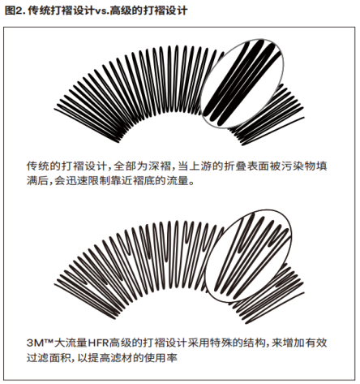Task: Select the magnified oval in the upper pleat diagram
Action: coord(242,84)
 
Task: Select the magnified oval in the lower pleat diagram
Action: coord(248,256)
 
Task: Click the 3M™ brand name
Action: coord(41,343)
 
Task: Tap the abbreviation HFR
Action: coord(98,343)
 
